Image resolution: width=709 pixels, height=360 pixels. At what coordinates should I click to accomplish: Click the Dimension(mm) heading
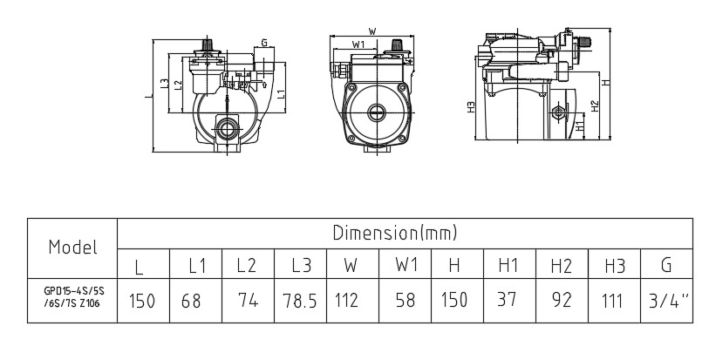(394, 233)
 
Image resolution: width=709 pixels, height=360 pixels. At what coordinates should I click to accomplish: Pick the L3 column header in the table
(300, 263)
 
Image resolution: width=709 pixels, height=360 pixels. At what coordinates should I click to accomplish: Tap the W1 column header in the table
(405, 263)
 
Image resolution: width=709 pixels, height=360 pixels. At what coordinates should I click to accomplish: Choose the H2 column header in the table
(561, 263)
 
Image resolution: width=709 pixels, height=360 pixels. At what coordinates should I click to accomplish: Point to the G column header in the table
(667, 263)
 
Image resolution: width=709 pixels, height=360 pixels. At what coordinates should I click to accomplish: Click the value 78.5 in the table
(300, 300)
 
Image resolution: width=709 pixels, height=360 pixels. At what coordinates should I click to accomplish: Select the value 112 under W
(346, 300)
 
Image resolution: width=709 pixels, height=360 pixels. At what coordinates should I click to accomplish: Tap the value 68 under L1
(192, 300)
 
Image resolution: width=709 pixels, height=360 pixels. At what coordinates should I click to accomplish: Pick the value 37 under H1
(508, 300)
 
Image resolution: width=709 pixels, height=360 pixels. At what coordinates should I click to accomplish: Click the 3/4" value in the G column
(667, 300)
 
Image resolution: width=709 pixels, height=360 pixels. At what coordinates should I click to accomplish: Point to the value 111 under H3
(614, 300)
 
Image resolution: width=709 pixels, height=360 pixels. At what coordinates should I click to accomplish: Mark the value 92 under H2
(561, 300)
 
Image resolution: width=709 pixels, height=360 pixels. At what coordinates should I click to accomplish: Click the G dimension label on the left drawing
(263, 41)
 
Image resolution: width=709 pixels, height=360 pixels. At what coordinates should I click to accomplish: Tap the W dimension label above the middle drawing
(372, 31)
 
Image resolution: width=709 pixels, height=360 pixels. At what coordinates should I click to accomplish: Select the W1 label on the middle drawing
(358, 44)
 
